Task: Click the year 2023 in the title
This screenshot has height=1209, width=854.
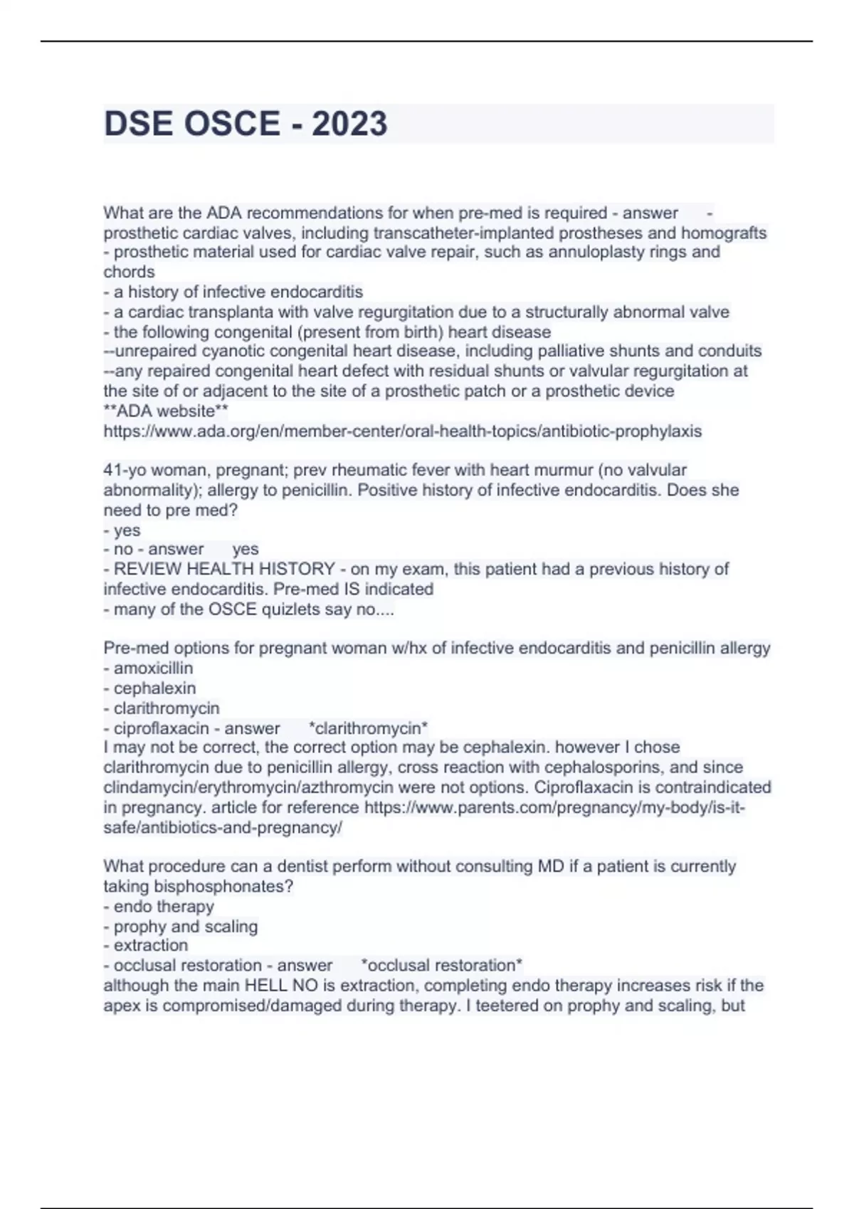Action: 349,124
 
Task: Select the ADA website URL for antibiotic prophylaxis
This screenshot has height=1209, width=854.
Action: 403,431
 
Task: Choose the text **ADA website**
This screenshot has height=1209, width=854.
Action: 166,411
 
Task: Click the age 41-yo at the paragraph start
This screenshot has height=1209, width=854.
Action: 125,470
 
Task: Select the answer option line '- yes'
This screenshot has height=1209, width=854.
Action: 122,530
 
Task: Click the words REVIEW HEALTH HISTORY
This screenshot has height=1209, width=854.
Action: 224,569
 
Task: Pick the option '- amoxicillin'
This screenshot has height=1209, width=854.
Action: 149,669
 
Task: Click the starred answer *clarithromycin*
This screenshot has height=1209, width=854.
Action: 369,728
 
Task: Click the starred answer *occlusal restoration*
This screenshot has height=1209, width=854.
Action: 442,965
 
